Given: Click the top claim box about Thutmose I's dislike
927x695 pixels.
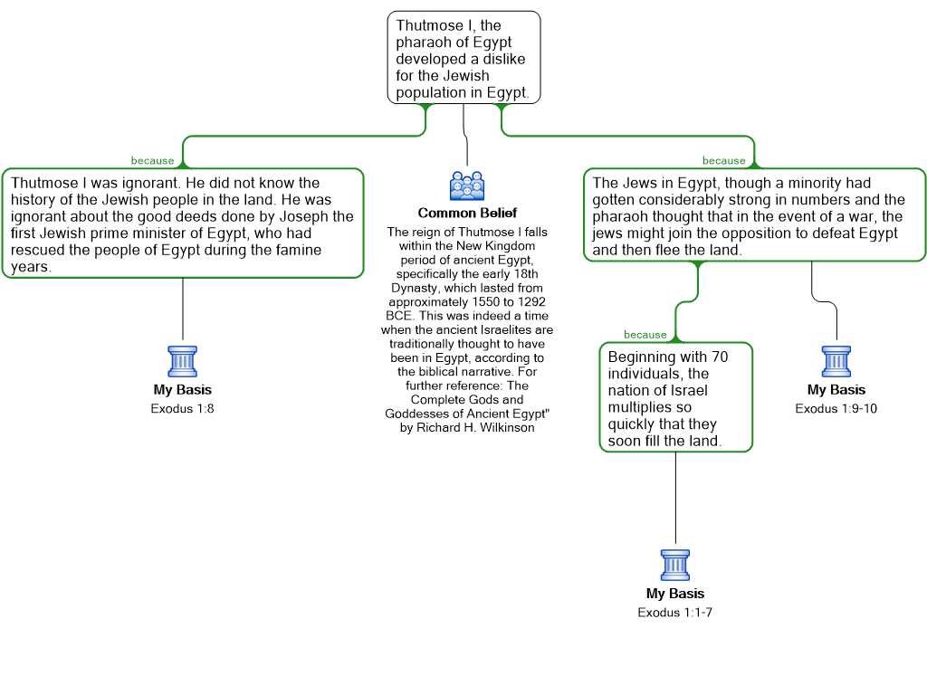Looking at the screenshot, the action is pyautogui.click(x=463, y=58).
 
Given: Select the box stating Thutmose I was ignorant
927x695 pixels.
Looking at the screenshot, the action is pyautogui.click(x=183, y=224).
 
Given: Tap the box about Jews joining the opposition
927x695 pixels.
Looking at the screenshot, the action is pyautogui.click(x=754, y=215).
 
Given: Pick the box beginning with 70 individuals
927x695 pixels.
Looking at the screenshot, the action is pyautogui.click(x=675, y=398).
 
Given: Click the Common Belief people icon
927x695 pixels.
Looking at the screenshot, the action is pyautogui.click(x=467, y=186).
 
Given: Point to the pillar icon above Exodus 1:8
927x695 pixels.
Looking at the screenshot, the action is pyautogui.click(x=183, y=362).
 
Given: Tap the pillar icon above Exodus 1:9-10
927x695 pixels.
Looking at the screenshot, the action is pyautogui.click(x=836, y=362).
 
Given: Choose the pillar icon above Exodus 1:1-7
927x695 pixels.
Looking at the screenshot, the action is pyautogui.click(x=675, y=566).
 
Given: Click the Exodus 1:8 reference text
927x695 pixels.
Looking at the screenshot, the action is pyautogui.click(x=182, y=408).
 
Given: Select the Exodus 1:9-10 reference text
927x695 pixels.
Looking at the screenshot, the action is pyautogui.click(x=836, y=408).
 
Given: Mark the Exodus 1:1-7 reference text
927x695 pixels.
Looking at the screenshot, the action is pyautogui.click(x=675, y=613).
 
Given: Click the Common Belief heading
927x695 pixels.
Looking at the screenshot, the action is pyautogui.click(x=467, y=213).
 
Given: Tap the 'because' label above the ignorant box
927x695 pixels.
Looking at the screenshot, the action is pyautogui.click(x=152, y=161).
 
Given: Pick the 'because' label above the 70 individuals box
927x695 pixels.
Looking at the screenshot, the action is pyautogui.click(x=645, y=335).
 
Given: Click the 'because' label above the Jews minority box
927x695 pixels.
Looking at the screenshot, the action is pyautogui.click(x=723, y=161).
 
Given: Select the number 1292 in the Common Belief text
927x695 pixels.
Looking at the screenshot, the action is pyautogui.click(x=530, y=301).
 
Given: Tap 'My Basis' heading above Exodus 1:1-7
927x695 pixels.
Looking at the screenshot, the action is pyautogui.click(x=675, y=594).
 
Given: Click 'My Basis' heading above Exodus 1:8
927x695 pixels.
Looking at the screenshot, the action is pyautogui.click(x=183, y=389).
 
